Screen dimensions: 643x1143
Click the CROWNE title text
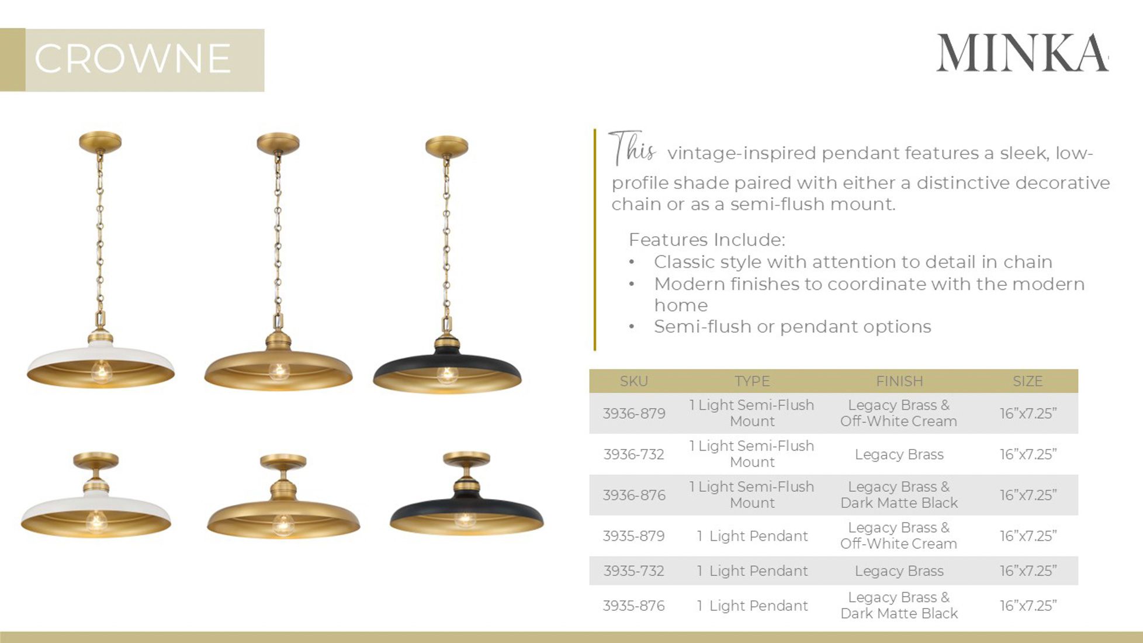click(x=133, y=59)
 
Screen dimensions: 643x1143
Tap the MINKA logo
click(x=1022, y=54)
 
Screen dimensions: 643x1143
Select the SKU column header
click(x=633, y=381)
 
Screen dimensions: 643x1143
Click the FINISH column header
click(x=899, y=381)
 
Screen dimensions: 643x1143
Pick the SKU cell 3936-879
click(x=633, y=413)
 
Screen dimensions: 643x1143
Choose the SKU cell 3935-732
click(x=633, y=571)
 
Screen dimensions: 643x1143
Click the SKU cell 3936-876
click(x=633, y=495)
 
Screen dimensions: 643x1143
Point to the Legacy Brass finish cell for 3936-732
click(x=899, y=454)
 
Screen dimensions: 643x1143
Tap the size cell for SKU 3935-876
click(x=1027, y=606)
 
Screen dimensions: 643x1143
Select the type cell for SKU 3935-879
click(x=752, y=536)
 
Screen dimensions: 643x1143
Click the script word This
click(x=632, y=147)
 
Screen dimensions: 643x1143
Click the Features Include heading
click(x=706, y=240)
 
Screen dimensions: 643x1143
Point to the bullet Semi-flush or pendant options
click(x=792, y=327)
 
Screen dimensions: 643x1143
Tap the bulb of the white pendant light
click(x=101, y=371)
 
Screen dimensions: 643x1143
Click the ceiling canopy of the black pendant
click(x=446, y=146)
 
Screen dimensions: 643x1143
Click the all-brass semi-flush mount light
click(x=283, y=503)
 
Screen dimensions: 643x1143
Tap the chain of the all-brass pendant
click(x=278, y=234)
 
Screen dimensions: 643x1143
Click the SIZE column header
click(x=1027, y=381)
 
